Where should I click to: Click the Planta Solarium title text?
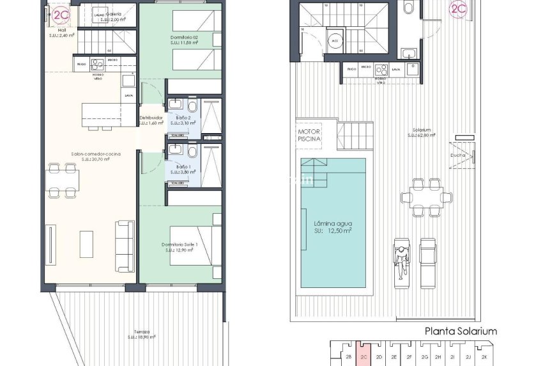coord(461,331)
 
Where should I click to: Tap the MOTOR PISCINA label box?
coord(309,135)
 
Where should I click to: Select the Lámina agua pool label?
coord(333,227)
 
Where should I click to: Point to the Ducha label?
coord(457,155)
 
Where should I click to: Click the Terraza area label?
coord(139,334)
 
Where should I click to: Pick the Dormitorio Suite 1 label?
coord(180,247)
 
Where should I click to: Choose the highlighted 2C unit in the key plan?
coord(363,356)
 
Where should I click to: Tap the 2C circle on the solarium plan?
coord(458,8)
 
